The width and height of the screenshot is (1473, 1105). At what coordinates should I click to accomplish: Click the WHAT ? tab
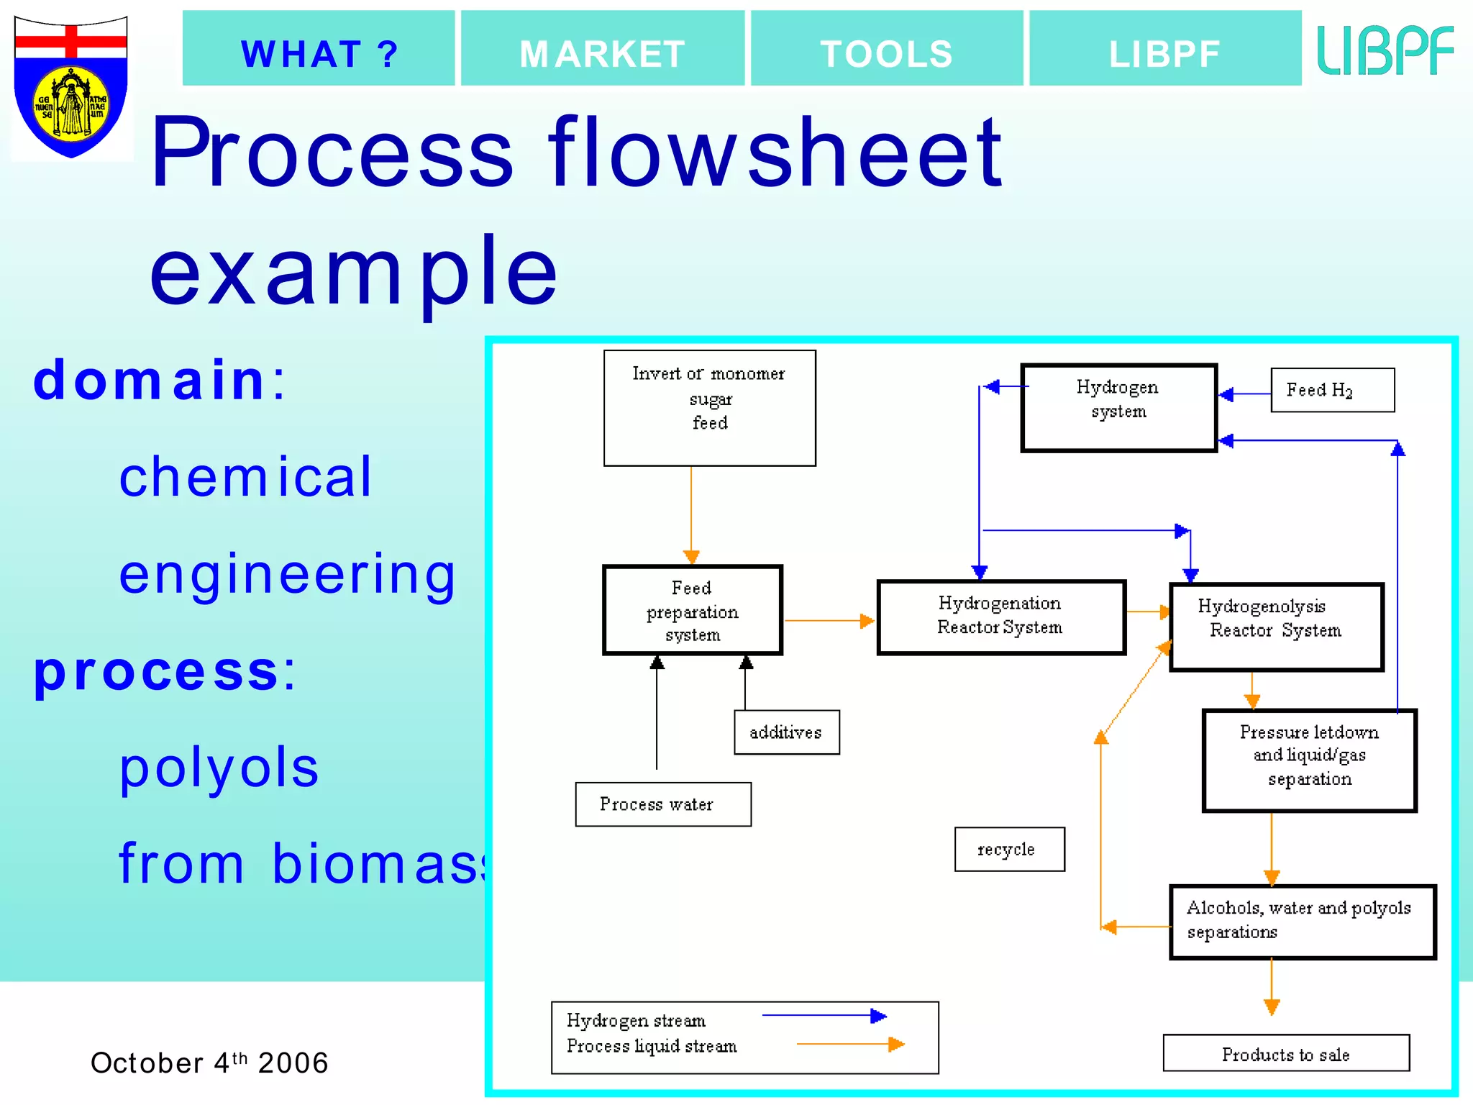click(319, 49)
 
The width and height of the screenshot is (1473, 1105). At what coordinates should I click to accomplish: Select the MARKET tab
click(603, 49)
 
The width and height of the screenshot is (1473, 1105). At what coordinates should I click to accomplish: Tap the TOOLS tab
click(887, 49)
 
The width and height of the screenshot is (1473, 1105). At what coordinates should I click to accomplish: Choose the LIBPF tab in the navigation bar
click(1165, 49)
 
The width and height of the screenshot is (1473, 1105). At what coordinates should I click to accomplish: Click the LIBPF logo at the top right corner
click(1385, 50)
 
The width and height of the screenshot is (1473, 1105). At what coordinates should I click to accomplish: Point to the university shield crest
click(70, 86)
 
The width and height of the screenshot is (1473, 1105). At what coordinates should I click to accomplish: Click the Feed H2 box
click(1332, 390)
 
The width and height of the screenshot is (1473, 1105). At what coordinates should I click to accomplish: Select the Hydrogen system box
click(1118, 407)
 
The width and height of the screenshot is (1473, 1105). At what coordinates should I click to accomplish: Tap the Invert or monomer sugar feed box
click(709, 408)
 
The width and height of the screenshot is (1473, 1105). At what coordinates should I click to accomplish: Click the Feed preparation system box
click(692, 610)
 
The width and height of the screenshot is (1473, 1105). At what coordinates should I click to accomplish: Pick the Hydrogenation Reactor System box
click(1000, 617)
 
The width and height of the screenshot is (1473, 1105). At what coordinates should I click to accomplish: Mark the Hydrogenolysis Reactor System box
click(1276, 627)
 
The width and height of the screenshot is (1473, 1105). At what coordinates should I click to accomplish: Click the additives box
click(786, 732)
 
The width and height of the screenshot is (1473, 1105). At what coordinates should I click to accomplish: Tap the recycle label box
click(1009, 850)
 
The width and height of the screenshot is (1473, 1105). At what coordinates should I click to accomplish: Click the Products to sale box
click(1285, 1053)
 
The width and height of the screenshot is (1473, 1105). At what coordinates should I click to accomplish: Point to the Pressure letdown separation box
click(1309, 760)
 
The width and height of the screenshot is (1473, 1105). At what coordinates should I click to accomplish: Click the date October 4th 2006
click(209, 1063)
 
